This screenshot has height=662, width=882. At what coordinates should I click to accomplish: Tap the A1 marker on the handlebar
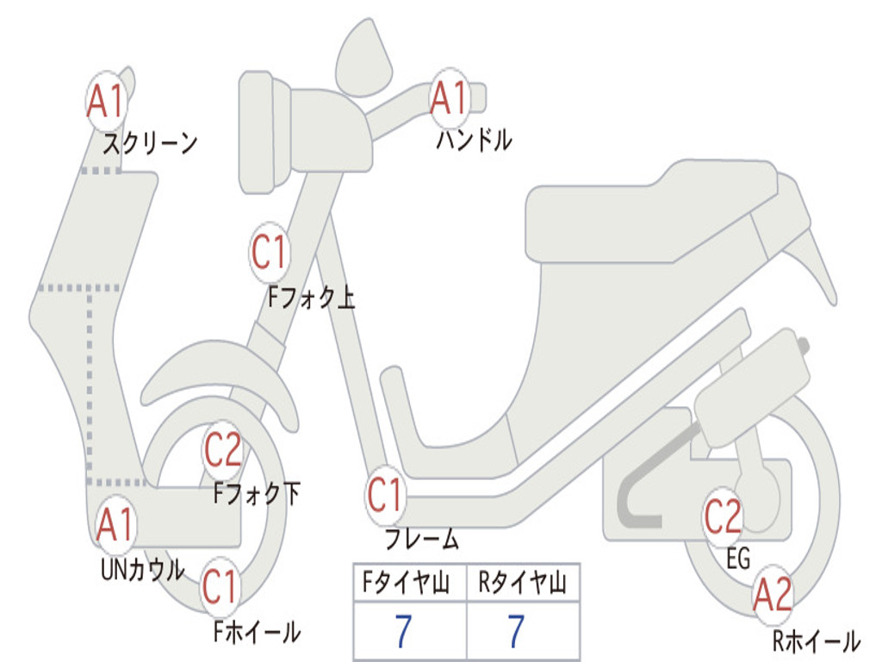click(449, 97)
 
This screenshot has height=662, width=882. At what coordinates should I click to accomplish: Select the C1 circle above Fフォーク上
click(269, 253)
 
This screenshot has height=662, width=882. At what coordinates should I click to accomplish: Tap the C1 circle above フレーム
click(385, 495)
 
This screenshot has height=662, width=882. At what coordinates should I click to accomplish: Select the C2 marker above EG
click(724, 516)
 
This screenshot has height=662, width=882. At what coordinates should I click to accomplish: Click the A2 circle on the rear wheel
click(773, 594)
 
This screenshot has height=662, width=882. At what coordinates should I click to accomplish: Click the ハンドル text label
click(474, 140)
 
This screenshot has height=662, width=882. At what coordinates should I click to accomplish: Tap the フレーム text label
click(421, 540)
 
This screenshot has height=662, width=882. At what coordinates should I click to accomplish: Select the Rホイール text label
click(815, 640)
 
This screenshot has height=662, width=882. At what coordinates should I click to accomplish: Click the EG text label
click(738, 559)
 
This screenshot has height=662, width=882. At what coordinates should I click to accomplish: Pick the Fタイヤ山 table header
click(409, 584)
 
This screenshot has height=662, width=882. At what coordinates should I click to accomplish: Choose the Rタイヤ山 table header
click(523, 584)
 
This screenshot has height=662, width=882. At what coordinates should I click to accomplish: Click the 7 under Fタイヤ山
click(402, 632)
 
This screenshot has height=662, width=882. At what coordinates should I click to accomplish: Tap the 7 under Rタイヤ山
click(515, 632)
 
